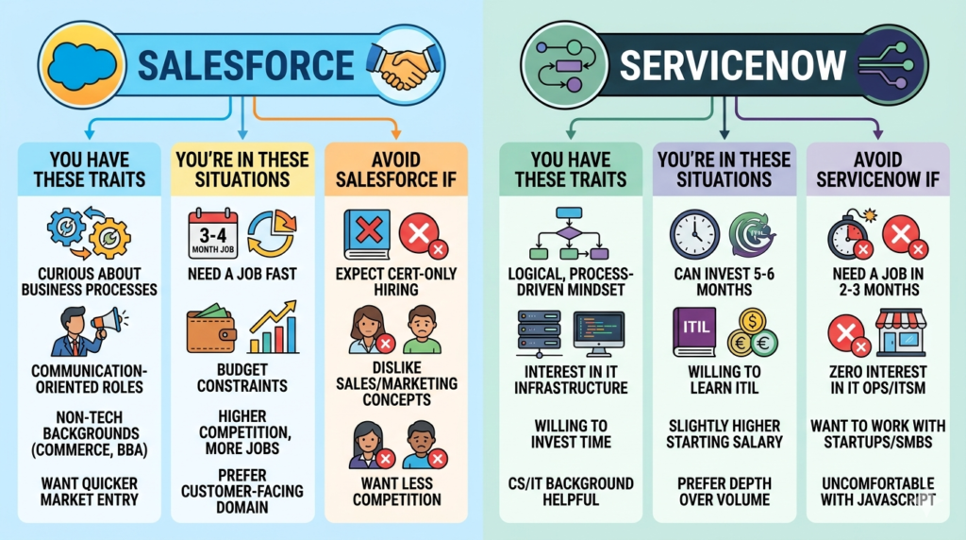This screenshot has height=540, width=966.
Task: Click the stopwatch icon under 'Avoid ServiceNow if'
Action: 847,234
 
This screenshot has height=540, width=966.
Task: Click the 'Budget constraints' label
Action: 242,378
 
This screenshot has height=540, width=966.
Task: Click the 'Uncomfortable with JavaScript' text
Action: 874,491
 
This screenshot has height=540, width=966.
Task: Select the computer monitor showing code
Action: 599,333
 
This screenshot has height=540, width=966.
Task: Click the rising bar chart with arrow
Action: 273,329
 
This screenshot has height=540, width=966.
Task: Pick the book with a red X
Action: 366,231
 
